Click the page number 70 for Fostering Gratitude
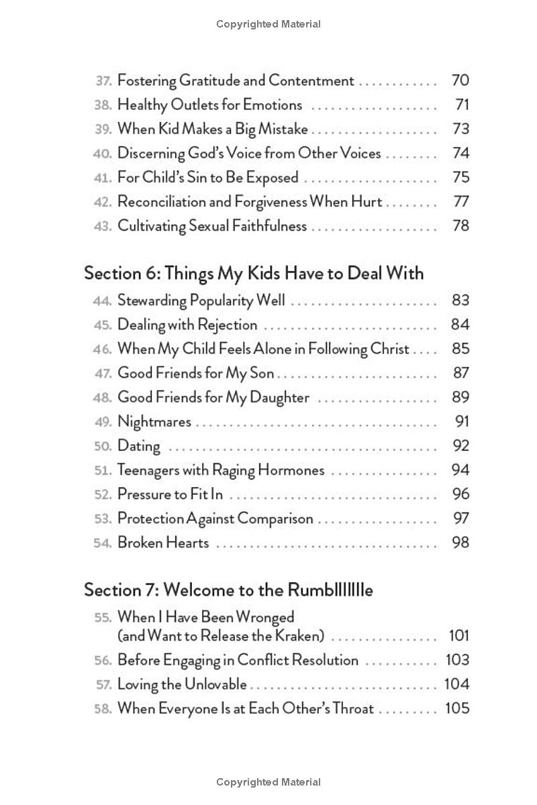[460, 80]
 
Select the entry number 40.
[102, 154]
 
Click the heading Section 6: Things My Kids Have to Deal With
[254, 274]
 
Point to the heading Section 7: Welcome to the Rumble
[228, 590]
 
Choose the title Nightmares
[154, 422]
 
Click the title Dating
[139, 446]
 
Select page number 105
[457, 708]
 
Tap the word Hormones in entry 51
[289, 470]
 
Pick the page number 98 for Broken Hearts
[460, 543]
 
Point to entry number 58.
[102, 709]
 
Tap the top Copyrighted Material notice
[268, 24]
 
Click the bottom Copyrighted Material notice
[268, 782]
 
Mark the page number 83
[460, 301]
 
